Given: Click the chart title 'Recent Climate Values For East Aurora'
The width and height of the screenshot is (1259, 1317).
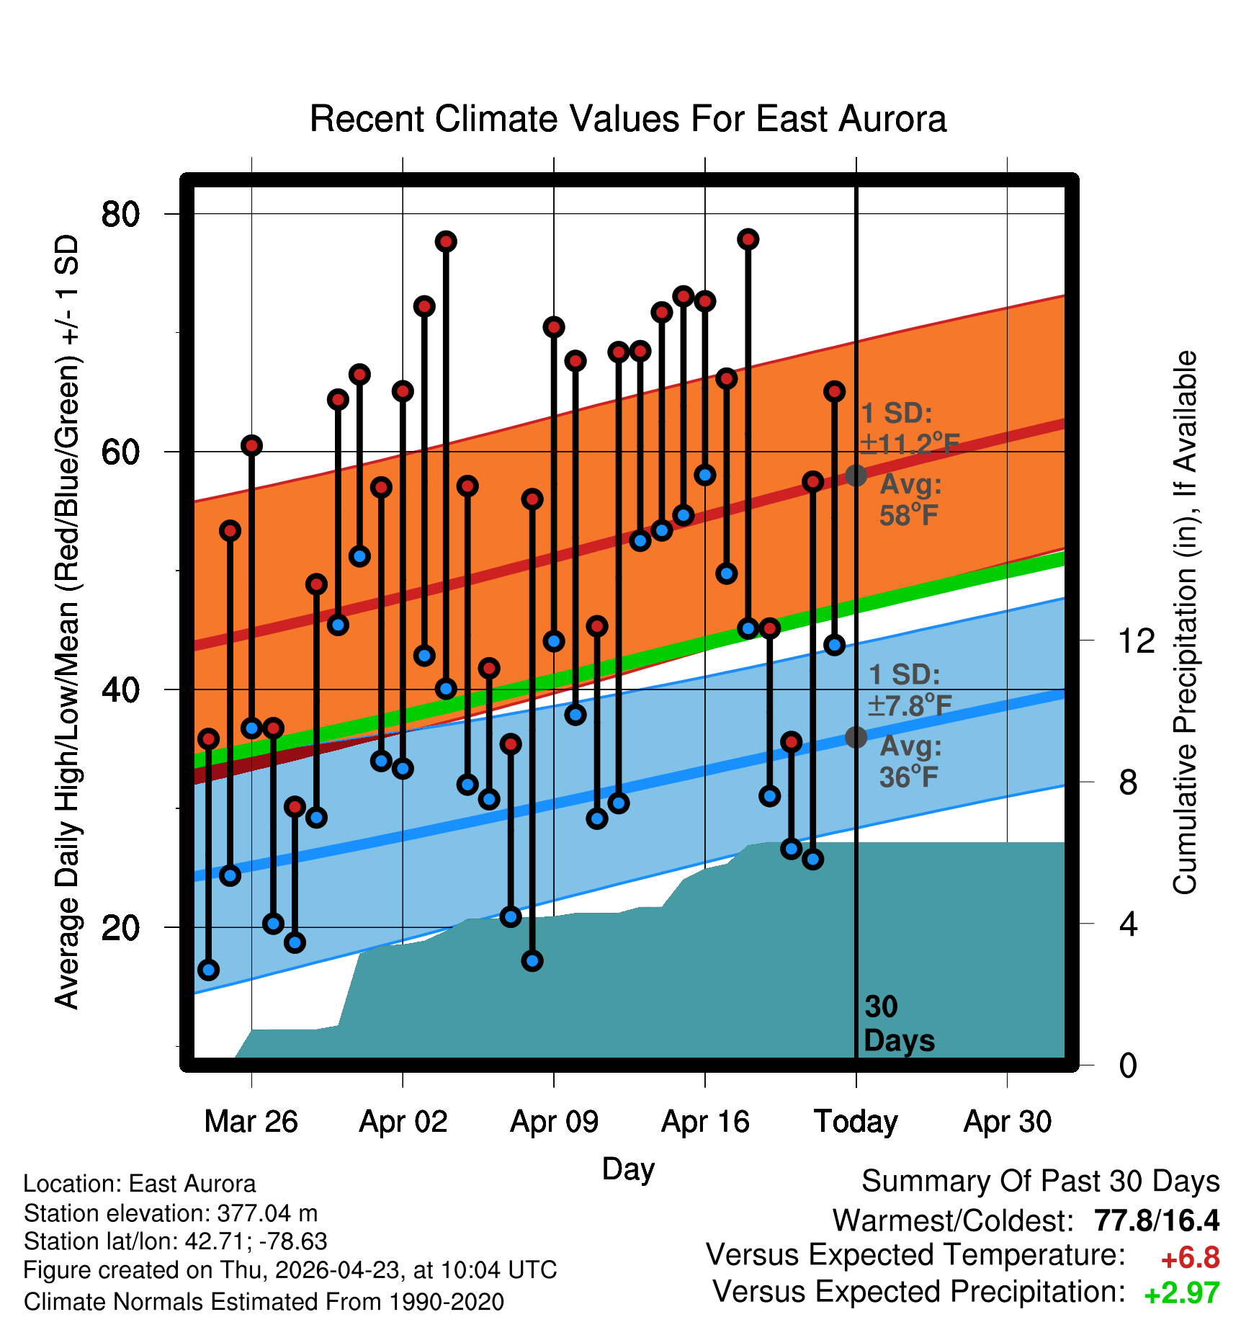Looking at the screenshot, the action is point(628,119).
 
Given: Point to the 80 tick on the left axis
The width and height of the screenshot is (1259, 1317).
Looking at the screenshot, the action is point(120,214).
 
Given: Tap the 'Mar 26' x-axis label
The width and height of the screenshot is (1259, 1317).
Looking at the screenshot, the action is point(251,1122).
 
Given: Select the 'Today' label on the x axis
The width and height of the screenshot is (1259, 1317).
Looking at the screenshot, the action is point(856,1122).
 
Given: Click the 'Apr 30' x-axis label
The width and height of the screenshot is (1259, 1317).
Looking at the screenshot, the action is point(1008,1122).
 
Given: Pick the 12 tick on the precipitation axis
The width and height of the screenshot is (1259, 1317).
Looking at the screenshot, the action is point(1136,640).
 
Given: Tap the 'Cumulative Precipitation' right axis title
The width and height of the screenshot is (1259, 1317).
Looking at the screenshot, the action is point(1184,623).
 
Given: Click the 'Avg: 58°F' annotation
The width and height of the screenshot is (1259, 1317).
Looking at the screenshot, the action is point(910,500).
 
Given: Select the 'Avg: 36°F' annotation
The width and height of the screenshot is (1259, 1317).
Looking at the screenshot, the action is point(910,762).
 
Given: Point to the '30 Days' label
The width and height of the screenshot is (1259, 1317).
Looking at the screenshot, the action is point(899,1024).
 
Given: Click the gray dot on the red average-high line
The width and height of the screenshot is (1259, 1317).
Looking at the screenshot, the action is point(856,476).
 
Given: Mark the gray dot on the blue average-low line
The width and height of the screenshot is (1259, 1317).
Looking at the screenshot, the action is point(856,737).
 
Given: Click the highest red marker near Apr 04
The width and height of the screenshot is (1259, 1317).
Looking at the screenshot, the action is point(446,241).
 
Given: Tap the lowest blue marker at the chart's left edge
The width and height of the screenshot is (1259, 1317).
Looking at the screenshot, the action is point(208,970).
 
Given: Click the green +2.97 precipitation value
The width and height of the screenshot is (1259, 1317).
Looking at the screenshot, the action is point(1182,1293).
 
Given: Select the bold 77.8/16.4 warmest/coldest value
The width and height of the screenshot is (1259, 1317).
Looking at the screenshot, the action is point(1157,1220).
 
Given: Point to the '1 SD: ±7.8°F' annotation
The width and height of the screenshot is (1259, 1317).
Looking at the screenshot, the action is point(909,690).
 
